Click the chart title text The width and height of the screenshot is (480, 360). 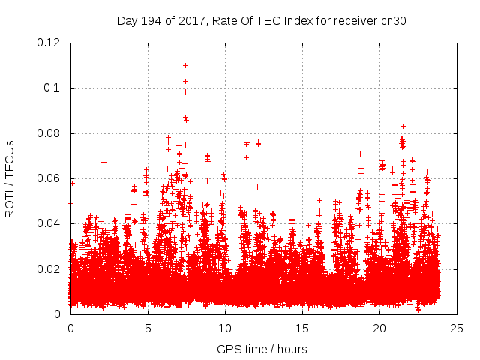[x=261, y=21]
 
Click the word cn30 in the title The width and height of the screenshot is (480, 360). [x=391, y=21]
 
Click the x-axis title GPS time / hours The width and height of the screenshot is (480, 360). [x=262, y=349]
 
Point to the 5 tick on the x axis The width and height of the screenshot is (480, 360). [x=148, y=328]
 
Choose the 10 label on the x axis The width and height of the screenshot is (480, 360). [x=225, y=328]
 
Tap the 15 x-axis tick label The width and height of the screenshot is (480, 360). [x=302, y=328]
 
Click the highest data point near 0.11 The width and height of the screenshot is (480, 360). [x=185, y=65]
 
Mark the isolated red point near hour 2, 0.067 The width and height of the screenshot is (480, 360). [x=103, y=162]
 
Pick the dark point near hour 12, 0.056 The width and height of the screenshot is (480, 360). [x=257, y=187]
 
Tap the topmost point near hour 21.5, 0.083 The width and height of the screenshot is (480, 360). [x=403, y=126]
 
